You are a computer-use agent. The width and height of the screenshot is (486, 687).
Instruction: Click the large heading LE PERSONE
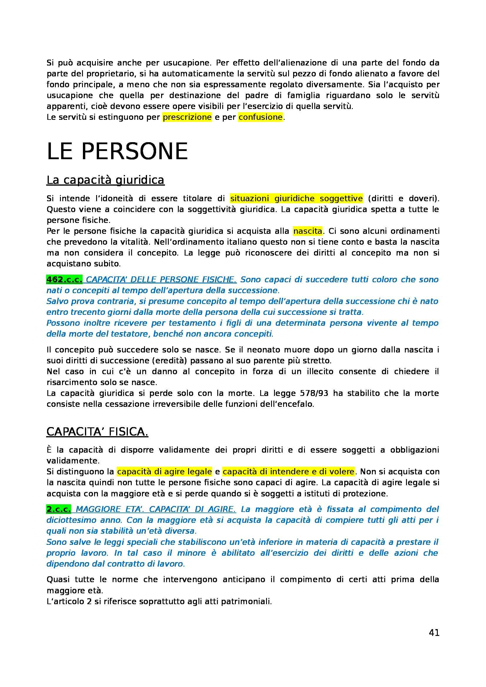click(x=117, y=152)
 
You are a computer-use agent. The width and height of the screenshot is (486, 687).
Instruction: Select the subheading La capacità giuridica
click(x=106, y=180)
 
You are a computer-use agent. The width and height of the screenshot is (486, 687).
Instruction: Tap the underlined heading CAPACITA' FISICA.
click(x=97, y=432)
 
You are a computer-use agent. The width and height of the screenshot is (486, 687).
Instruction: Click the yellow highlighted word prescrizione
click(x=187, y=117)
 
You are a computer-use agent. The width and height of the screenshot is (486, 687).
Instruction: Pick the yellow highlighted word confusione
click(x=260, y=117)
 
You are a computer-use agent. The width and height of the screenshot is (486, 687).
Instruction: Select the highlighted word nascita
click(x=308, y=231)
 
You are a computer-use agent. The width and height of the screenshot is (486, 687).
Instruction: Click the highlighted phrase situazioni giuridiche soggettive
click(x=296, y=198)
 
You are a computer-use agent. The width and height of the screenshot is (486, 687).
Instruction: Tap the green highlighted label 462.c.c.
click(x=64, y=279)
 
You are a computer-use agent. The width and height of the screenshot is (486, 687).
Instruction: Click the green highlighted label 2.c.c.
click(x=59, y=509)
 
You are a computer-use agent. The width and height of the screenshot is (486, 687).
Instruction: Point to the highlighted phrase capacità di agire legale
click(x=164, y=472)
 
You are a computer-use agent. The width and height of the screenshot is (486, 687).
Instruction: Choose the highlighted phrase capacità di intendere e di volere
click(x=288, y=472)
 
